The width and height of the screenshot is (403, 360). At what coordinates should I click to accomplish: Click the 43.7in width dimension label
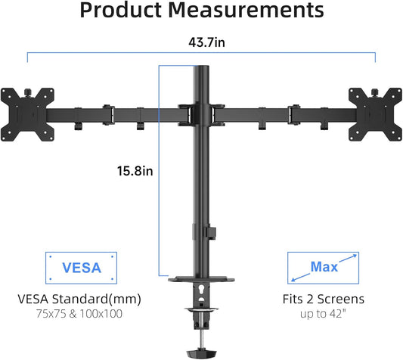(206, 42)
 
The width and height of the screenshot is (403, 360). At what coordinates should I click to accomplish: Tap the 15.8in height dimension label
(135, 171)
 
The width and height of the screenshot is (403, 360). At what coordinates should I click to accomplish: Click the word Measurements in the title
(246, 10)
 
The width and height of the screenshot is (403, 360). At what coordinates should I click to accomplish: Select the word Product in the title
(120, 10)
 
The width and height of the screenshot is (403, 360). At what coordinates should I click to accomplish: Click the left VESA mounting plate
(27, 115)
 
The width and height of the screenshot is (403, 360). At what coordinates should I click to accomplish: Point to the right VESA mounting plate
(375, 115)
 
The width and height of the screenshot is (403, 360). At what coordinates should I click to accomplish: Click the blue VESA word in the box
(82, 268)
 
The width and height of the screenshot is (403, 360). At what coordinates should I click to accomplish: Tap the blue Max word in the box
(324, 267)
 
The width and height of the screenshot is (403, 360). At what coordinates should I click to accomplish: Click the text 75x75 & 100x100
(79, 314)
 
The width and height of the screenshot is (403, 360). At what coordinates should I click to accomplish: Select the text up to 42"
(323, 314)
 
